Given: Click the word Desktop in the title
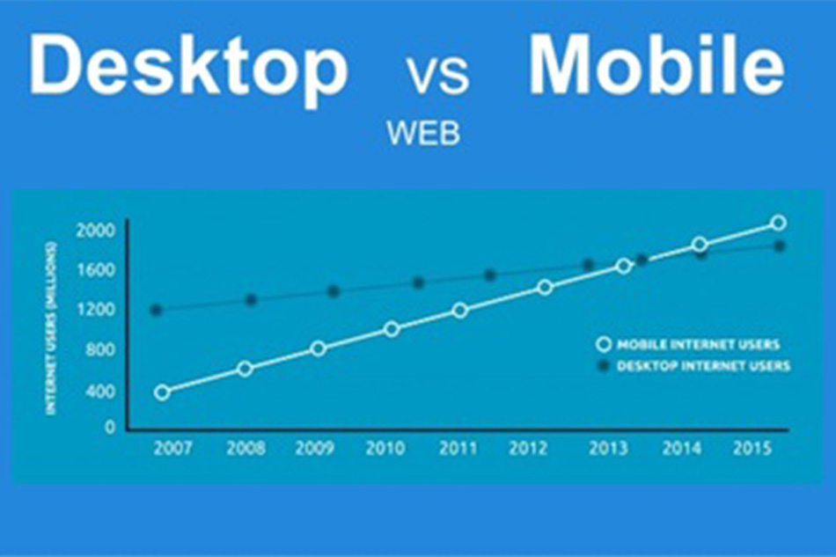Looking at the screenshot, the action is click(x=188, y=69).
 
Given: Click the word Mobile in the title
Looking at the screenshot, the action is click(x=656, y=64).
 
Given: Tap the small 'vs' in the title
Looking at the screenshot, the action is click(x=438, y=74).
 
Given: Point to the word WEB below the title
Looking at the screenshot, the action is click(x=423, y=133).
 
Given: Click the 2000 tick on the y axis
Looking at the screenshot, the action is click(x=95, y=231).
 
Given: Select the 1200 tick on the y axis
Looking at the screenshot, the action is click(x=96, y=310).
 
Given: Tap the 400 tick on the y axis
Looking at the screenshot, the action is click(x=99, y=392).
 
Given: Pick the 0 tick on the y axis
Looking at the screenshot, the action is click(x=110, y=428).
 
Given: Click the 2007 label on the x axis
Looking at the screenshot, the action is click(x=172, y=448).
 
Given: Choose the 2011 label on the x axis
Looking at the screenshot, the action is click(x=458, y=448).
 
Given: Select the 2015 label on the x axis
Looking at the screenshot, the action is click(x=752, y=448).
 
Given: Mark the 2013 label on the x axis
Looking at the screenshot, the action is click(x=608, y=448).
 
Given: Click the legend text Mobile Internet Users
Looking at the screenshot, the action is click(x=699, y=345).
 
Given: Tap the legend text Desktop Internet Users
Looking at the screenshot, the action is click(x=703, y=366).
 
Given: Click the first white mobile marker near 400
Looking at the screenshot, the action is click(x=163, y=392).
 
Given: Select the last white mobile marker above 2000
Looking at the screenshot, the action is click(x=779, y=223).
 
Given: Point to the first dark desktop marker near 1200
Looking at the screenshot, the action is click(x=157, y=311).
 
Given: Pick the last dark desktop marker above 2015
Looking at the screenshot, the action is click(x=780, y=246).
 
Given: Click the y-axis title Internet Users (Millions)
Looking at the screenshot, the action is click(x=51, y=328).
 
